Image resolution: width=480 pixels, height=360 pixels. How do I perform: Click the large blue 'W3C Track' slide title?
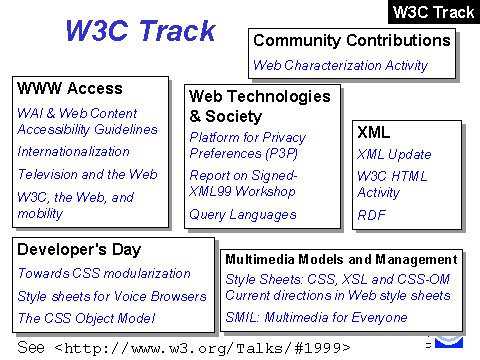[141, 31]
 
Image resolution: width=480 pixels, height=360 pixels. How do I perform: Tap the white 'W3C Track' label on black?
[433, 12]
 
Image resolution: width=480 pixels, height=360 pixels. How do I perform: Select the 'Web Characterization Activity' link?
[340, 65]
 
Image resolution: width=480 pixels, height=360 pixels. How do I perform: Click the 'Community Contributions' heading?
[352, 40]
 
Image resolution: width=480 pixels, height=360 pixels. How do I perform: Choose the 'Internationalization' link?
[73, 152]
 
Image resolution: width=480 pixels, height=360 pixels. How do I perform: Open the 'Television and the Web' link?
[87, 174]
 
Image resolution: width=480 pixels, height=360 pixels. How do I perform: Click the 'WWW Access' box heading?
[70, 89]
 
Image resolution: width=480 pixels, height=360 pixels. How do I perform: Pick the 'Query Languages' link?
[243, 215]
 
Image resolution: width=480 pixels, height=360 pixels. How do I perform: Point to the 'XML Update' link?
[394, 154]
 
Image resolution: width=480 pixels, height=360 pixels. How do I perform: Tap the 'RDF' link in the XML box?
[371, 215]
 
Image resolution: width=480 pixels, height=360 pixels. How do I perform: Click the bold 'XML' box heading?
[373, 132]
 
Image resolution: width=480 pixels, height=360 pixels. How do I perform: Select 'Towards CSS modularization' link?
[104, 273]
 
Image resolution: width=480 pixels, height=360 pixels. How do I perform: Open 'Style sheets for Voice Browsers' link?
[112, 296]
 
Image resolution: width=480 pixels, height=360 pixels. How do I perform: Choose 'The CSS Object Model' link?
[86, 318]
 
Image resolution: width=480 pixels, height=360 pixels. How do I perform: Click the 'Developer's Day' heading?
[79, 250]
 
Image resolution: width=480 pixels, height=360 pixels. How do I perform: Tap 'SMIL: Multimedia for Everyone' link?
[316, 317]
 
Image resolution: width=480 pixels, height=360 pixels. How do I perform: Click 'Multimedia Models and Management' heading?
[341, 260]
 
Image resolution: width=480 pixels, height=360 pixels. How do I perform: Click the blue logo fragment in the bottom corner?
[449, 342]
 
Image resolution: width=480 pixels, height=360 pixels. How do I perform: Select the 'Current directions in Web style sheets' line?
[338, 295]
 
